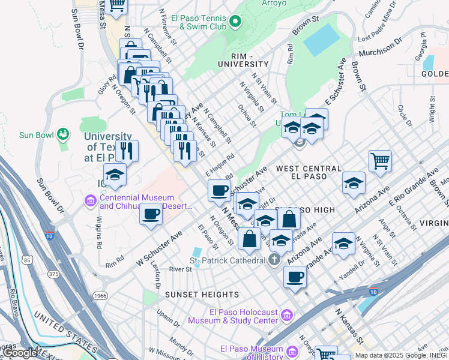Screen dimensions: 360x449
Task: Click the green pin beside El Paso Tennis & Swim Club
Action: tap(235, 23)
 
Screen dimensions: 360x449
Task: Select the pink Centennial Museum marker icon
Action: tap(91, 200)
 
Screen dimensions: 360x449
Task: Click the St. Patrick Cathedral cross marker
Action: tap(274, 260)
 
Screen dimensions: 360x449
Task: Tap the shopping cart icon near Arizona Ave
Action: tap(380, 161)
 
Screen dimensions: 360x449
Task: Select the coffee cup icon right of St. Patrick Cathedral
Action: tap(295, 277)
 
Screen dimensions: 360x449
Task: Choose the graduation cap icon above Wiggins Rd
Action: tap(115, 175)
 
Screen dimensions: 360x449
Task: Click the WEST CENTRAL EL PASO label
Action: tap(309, 173)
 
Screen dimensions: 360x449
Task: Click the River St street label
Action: tap(180, 269)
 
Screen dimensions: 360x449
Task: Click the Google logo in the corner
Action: tap(20, 353)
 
